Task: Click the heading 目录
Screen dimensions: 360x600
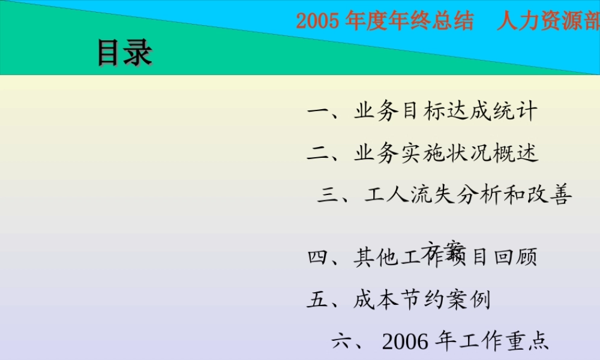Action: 124,53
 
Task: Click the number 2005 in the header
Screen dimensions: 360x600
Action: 319,22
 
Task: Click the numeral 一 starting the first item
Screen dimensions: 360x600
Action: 316,112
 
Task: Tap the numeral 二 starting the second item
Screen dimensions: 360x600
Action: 316,153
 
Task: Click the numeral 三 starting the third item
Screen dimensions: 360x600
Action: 328,194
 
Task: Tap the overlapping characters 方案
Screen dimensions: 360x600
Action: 446,249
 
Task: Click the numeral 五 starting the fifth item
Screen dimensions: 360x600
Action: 316,299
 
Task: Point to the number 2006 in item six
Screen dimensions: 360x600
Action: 405,341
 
